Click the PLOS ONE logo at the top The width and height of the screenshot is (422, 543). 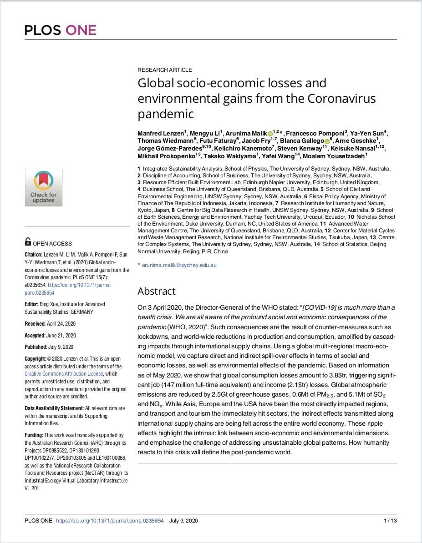tap(61, 30)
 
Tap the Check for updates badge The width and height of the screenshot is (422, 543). tap(44, 187)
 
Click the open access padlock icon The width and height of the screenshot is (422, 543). tap(28, 241)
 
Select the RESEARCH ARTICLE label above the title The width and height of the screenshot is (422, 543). tap(165, 70)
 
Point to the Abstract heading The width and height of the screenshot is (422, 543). tap(156, 291)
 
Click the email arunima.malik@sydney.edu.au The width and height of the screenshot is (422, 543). tap(179, 265)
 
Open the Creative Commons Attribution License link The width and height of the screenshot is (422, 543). tap(64, 374)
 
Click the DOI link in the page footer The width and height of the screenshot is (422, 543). tap(109, 520)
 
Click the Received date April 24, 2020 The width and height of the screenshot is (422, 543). tap(61, 324)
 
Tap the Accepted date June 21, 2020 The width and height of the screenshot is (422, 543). tap(61, 335)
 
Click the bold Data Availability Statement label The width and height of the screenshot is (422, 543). tap(54, 408)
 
